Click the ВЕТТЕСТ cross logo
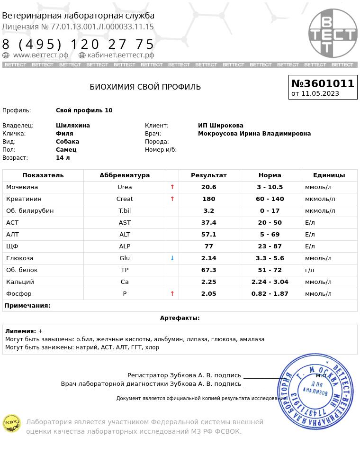[x=333, y=33]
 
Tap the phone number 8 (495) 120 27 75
[x=78, y=45]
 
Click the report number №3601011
[x=323, y=83]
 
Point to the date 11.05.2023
[x=320, y=93]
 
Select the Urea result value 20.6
[x=208, y=187]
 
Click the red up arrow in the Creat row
[x=172, y=199]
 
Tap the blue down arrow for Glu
[x=172, y=258]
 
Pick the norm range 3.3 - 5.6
[x=270, y=258]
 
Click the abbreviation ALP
[x=125, y=246]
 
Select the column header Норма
[x=270, y=175]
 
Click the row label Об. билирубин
[x=30, y=211]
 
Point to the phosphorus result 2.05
[x=208, y=294]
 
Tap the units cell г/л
[x=309, y=270]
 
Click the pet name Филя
[x=64, y=134]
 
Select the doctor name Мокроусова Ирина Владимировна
[x=254, y=134]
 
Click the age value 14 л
[x=63, y=158]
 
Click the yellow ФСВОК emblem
[x=12, y=423]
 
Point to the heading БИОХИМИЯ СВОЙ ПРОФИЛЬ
[x=145, y=87]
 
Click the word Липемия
[x=20, y=331]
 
